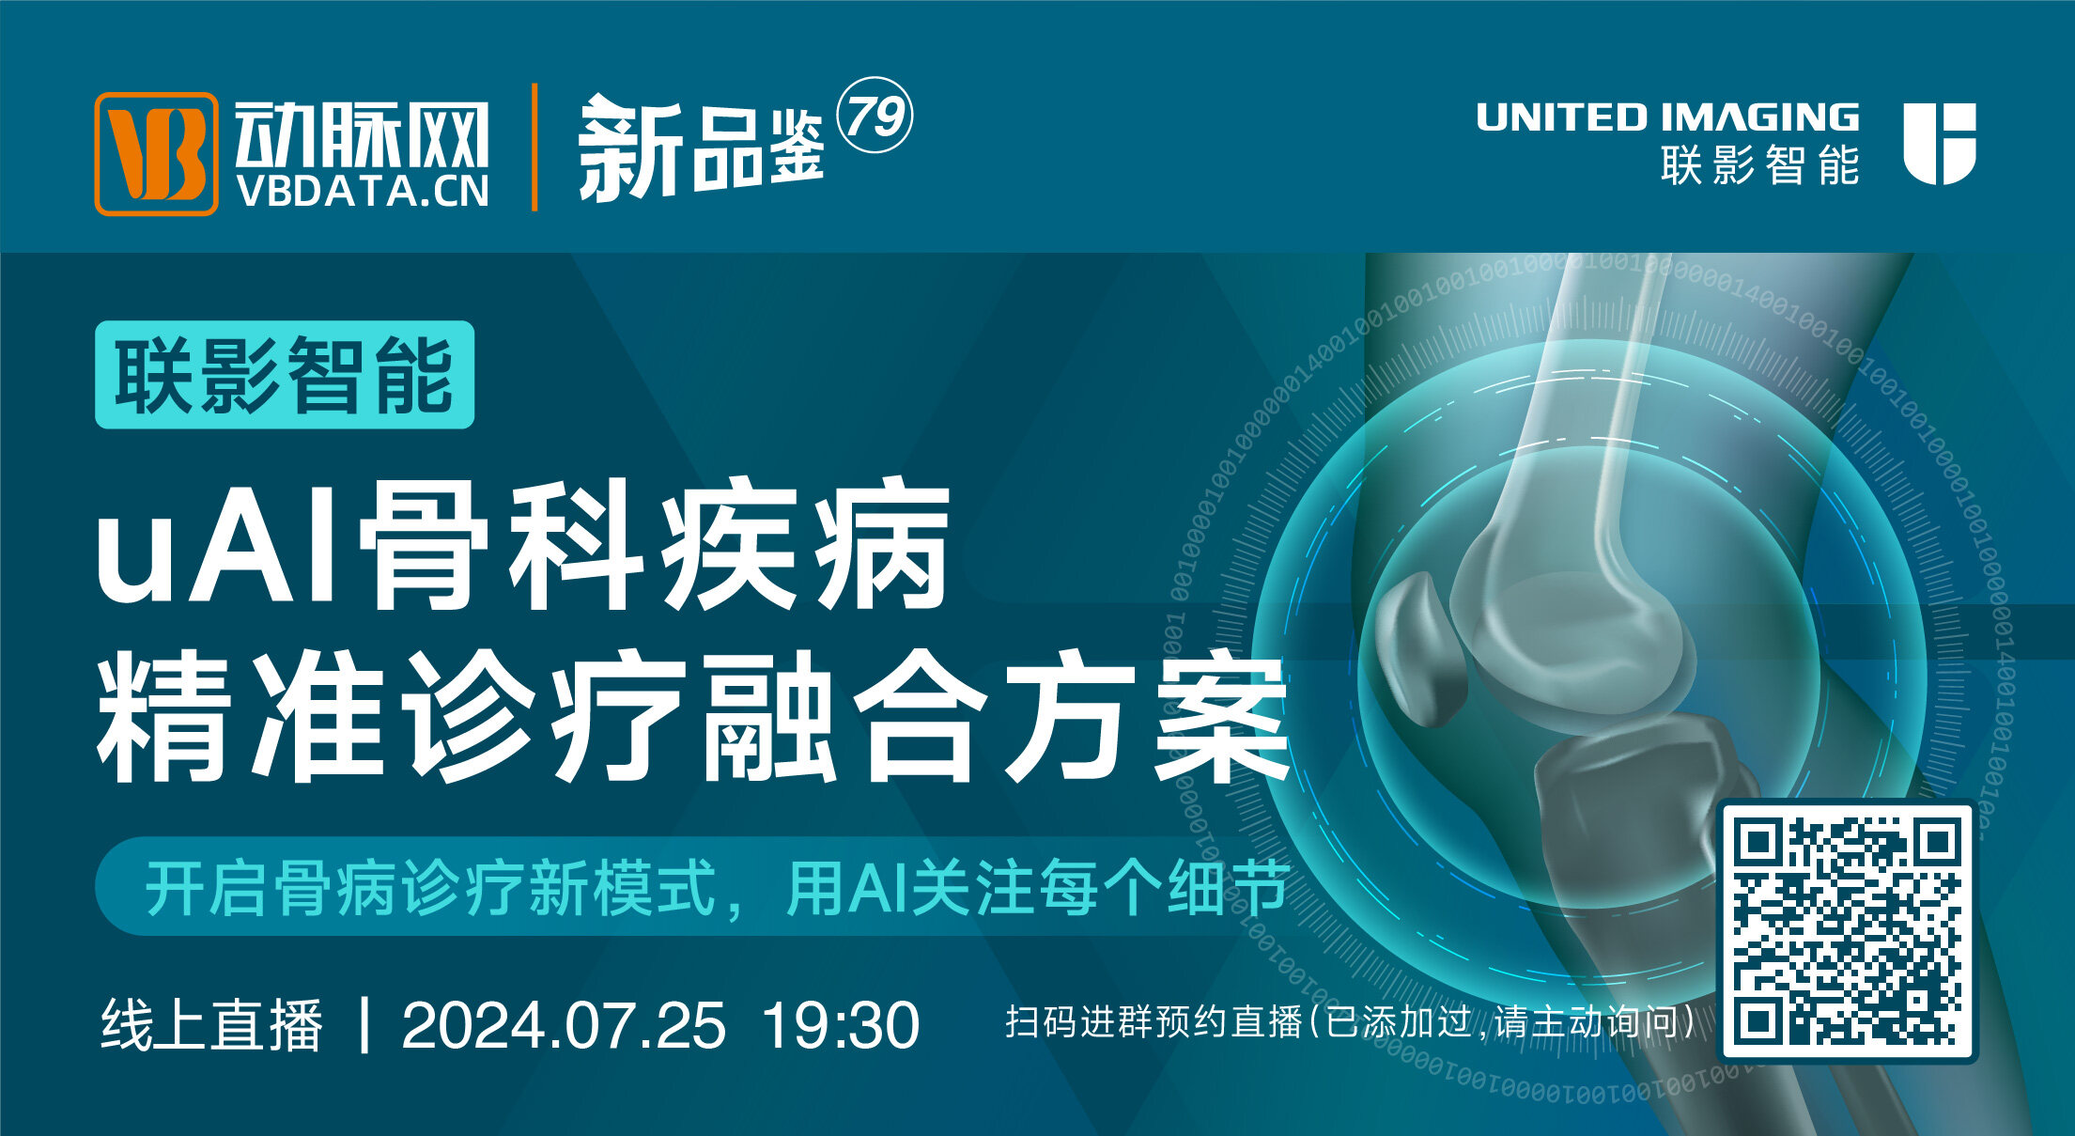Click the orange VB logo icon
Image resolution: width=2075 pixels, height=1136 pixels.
[156, 153]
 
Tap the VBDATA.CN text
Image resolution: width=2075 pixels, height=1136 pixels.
[363, 192]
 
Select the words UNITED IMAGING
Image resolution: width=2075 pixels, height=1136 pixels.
[1667, 117]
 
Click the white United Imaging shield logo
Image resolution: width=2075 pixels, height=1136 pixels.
[1940, 144]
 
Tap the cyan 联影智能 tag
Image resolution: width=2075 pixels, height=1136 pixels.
[285, 375]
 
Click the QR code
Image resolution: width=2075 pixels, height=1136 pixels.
[1847, 930]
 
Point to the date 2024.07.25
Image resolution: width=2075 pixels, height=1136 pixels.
[564, 1025]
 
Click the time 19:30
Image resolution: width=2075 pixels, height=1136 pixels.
[840, 1025]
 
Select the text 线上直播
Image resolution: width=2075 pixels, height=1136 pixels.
[212, 1025]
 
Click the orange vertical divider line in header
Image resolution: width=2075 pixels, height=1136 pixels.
[534, 148]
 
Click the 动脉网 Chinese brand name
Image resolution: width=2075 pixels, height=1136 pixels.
[363, 134]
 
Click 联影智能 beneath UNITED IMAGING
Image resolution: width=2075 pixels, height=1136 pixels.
[1759, 165]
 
